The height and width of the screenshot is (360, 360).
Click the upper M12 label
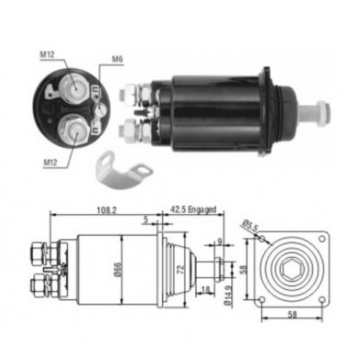[47, 55]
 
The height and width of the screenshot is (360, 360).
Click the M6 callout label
[117, 59]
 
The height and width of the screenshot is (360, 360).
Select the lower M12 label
[50, 163]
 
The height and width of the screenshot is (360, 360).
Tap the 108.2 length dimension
[107, 210]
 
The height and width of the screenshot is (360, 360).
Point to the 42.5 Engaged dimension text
[193, 210]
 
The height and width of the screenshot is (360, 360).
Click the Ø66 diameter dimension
[118, 270]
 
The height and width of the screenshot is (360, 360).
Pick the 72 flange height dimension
[180, 269]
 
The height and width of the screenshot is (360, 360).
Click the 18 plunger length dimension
[206, 290]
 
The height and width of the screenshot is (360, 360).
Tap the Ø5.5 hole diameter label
[249, 226]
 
